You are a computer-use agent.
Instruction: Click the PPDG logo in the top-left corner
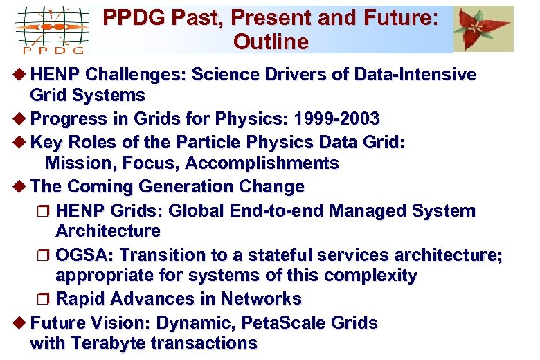coord(49,30)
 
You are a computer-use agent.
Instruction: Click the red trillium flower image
coord(484,28)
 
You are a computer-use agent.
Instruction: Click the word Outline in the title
coord(271,42)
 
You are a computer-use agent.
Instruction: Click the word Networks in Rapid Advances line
coord(261,299)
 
